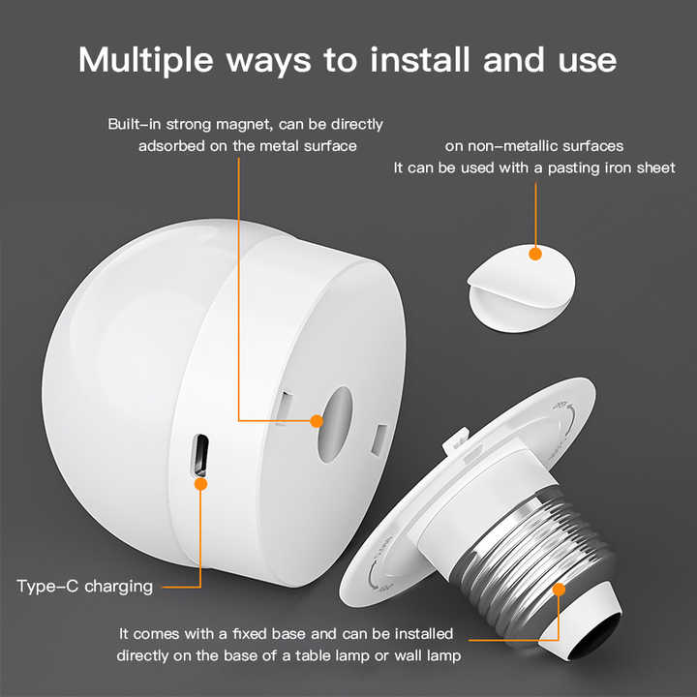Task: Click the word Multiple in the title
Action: click(x=146, y=60)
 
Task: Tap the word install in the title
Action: click(x=419, y=59)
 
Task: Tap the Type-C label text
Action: click(x=47, y=587)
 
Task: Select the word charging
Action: click(x=119, y=587)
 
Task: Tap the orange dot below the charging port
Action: click(x=201, y=484)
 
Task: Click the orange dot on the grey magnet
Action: click(x=317, y=420)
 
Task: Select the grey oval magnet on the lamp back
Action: click(x=335, y=424)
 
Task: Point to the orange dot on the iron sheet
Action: click(x=535, y=254)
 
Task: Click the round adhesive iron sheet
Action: click(x=522, y=288)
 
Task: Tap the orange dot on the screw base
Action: click(x=559, y=590)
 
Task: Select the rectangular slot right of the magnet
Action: click(x=379, y=439)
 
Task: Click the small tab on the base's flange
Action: click(x=456, y=439)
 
